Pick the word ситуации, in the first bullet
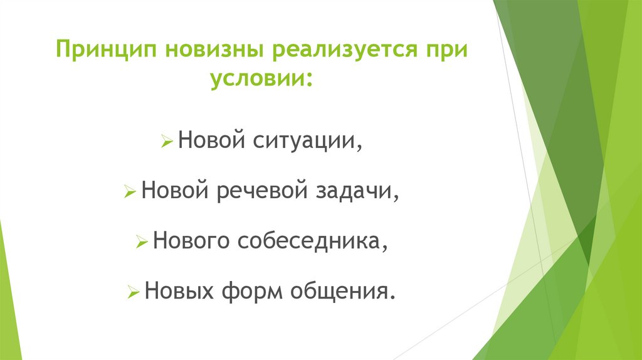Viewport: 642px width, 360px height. (307, 141)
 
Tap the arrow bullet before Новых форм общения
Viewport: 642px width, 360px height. (133, 292)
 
